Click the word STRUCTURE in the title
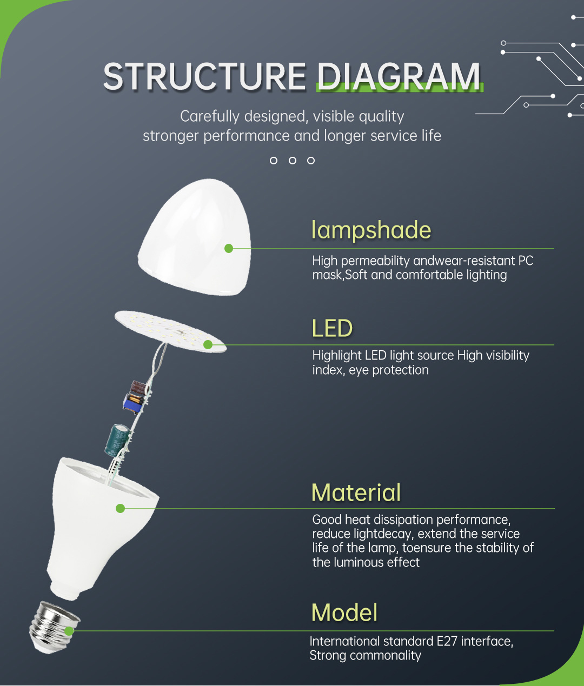(x=204, y=77)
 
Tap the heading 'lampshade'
(x=371, y=230)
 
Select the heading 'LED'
(x=332, y=328)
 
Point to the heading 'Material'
(x=356, y=492)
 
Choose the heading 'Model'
(x=344, y=612)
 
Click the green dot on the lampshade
(x=229, y=248)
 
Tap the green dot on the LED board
(x=208, y=344)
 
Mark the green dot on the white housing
(x=120, y=509)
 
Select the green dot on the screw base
(x=69, y=631)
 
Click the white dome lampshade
(x=195, y=237)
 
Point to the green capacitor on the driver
(x=117, y=439)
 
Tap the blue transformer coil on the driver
(x=133, y=403)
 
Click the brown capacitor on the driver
(x=138, y=387)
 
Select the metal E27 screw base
(x=54, y=627)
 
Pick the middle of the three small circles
(x=293, y=161)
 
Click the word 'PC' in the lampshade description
(x=526, y=261)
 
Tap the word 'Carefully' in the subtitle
(x=209, y=117)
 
